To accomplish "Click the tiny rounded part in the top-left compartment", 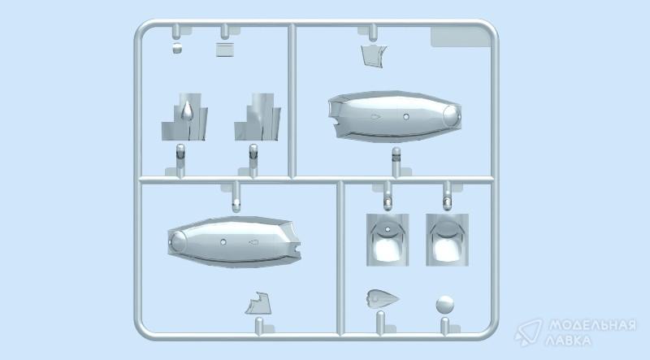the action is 177,48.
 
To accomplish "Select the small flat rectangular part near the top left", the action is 225,50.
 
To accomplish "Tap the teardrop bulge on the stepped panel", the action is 187,111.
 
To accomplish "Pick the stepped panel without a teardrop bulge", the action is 258,117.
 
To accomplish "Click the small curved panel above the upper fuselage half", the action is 374,56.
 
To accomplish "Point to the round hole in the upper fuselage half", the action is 406,117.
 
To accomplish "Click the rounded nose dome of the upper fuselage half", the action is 452,116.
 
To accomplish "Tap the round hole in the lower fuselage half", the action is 223,242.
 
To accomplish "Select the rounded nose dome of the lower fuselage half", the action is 178,241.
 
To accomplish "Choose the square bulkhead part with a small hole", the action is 388,240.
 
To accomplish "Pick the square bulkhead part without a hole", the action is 448,240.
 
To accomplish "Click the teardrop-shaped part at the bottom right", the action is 382,298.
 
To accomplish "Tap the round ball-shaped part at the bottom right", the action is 444,305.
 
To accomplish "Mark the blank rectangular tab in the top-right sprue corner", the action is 461,37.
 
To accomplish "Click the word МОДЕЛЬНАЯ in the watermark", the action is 592,326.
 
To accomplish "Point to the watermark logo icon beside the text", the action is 529,332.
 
